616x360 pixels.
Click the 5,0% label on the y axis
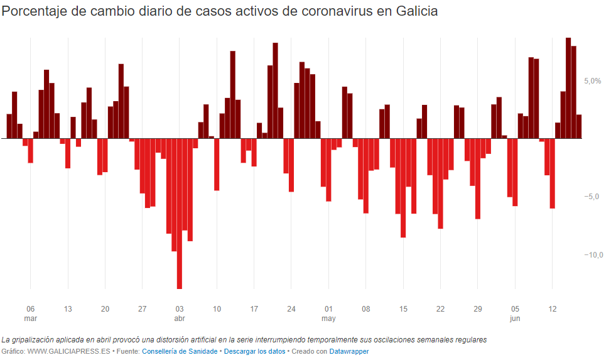point(592,81)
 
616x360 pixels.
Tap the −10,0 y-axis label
point(593,254)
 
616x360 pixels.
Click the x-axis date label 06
point(30,309)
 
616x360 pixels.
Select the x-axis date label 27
point(143,309)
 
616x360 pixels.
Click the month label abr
point(179,319)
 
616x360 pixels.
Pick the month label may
point(328,319)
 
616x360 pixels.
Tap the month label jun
point(515,319)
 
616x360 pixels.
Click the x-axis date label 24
point(291,309)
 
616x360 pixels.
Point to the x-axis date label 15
point(403,309)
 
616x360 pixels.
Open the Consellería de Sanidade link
point(180,351)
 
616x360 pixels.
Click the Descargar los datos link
point(254,351)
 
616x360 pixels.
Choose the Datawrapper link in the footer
point(349,351)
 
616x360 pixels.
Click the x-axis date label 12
point(553,309)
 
